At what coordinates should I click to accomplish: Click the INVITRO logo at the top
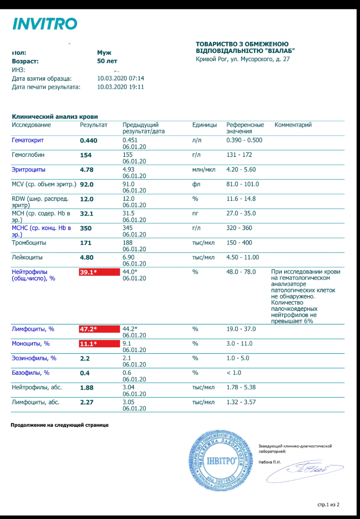(45, 24)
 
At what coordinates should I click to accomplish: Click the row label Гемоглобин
(28, 155)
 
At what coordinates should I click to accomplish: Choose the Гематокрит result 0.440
(88, 140)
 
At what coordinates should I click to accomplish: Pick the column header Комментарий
(293, 125)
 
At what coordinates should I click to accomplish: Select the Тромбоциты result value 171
(86, 243)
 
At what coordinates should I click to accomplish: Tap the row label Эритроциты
(29, 170)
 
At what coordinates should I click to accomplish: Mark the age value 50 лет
(107, 61)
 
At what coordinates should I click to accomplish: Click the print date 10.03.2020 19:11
(121, 87)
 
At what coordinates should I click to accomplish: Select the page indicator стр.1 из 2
(328, 505)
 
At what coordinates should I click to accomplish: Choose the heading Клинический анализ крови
(55, 116)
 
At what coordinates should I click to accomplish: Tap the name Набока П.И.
(269, 462)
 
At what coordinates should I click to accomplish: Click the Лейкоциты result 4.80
(87, 257)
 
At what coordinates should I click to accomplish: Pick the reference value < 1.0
(234, 373)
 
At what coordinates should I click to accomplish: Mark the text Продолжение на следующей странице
(59, 425)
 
